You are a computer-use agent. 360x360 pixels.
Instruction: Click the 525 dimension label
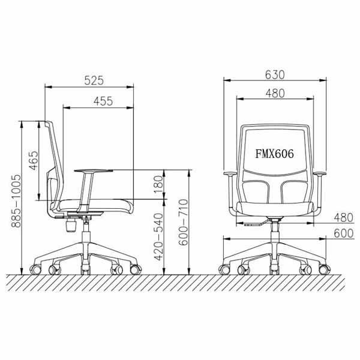pyautogui.click(x=94, y=80)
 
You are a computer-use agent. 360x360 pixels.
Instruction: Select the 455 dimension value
pyautogui.click(x=103, y=101)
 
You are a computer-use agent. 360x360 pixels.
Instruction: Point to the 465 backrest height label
pyautogui.click(x=34, y=160)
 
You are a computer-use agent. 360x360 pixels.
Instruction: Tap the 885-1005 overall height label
pyautogui.click(x=16, y=201)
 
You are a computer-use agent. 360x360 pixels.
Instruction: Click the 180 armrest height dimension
pyautogui.click(x=158, y=184)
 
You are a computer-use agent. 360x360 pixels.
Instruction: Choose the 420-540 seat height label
pyautogui.click(x=158, y=237)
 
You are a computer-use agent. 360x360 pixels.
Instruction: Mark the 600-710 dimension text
pyautogui.click(x=184, y=222)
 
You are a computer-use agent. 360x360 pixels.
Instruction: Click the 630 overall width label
pyautogui.click(x=275, y=74)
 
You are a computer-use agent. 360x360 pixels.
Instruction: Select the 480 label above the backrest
pyautogui.click(x=275, y=94)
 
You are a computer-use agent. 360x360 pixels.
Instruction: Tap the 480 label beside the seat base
pyautogui.click(x=343, y=217)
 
